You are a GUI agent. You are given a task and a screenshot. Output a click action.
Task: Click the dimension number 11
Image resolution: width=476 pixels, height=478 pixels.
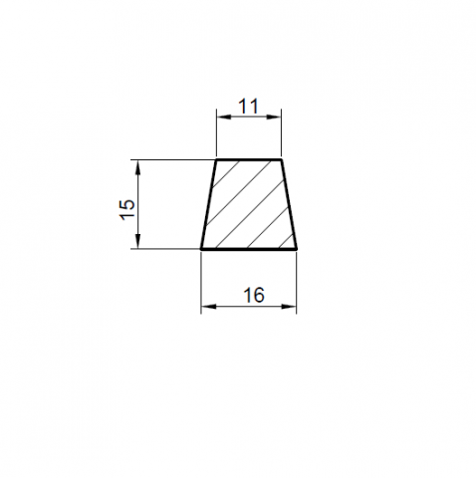249,107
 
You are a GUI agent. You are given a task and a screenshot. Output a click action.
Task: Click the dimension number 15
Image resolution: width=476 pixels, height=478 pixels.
127,209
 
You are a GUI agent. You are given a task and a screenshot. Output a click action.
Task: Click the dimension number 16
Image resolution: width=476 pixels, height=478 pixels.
254,295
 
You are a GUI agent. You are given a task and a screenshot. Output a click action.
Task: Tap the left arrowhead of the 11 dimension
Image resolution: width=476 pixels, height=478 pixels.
223,117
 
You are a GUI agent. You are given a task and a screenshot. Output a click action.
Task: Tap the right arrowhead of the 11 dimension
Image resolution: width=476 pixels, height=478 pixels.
274,117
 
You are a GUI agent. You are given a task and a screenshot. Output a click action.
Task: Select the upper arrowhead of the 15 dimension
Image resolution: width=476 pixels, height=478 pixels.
138,167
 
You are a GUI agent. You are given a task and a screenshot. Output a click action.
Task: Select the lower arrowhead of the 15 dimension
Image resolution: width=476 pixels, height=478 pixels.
138,241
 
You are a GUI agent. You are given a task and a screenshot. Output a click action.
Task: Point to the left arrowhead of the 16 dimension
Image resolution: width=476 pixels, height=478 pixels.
208,307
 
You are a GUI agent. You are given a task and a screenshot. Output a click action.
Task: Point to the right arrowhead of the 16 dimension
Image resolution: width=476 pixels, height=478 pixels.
289,307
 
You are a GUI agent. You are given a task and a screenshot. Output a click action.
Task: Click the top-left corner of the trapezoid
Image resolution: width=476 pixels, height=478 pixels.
217,160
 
